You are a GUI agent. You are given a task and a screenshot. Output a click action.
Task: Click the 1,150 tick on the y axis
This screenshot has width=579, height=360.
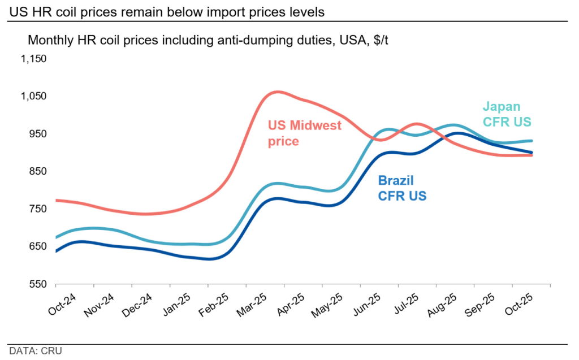tap(33, 59)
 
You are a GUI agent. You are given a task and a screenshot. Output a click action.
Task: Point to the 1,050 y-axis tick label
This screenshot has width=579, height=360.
tap(33, 96)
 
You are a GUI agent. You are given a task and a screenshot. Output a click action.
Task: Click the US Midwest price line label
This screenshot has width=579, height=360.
tap(304, 133)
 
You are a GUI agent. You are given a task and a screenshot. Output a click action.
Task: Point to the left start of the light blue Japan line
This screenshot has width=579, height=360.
tap(55, 237)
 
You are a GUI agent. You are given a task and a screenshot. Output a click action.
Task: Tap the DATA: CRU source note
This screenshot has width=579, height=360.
tap(36, 350)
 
